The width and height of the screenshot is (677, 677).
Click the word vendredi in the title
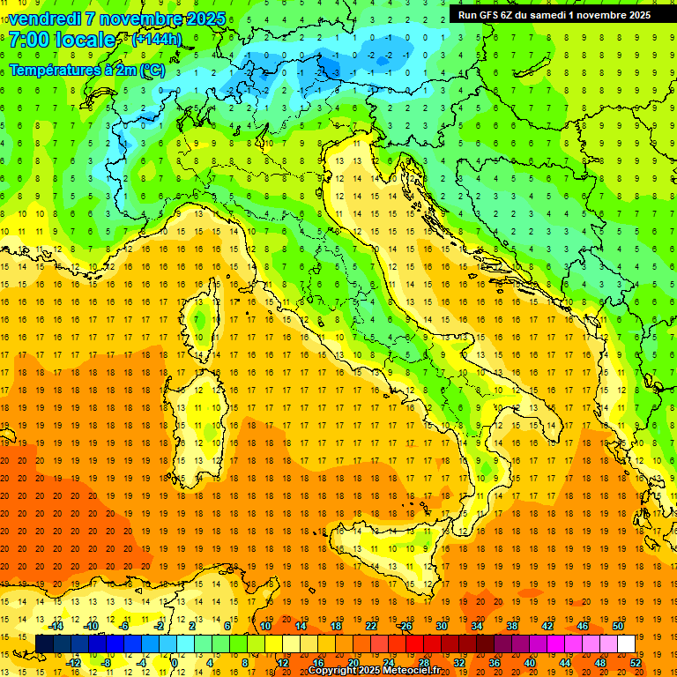[44, 19]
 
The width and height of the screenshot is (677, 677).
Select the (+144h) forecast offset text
[157, 40]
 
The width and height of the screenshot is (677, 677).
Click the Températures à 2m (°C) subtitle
[86, 70]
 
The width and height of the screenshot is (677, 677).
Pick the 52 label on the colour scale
[636, 663]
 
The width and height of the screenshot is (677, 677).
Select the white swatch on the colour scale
[626, 644]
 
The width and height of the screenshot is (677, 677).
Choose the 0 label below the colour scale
[175, 663]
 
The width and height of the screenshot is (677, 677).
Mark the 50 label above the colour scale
[618, 626]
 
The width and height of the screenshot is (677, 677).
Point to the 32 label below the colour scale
[458, 663]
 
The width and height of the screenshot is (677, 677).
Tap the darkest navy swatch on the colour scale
[44, 644]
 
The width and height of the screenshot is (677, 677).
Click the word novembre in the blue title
[142, 19]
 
